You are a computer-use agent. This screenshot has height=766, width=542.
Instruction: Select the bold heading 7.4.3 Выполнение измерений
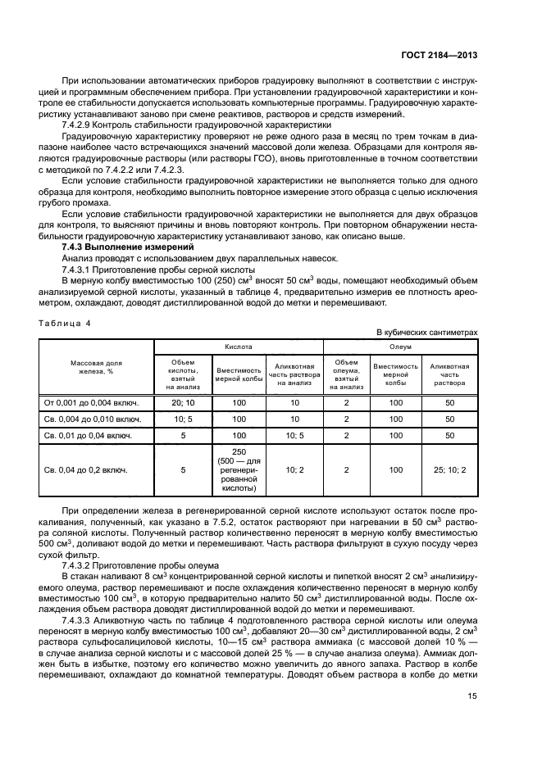click(128, 247)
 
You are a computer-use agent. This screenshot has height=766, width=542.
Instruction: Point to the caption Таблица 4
click(66, 323)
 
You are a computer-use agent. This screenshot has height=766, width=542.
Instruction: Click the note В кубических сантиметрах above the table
click(426, 332)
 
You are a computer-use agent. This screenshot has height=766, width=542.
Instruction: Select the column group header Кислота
click(239, 347)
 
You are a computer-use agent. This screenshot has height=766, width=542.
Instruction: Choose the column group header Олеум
click(400, 347)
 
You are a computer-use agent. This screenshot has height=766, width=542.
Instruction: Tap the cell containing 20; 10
click(183, 402)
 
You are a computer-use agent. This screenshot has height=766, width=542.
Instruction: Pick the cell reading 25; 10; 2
click(449, 470)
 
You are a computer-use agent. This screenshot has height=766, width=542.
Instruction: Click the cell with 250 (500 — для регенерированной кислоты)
click(239, 471)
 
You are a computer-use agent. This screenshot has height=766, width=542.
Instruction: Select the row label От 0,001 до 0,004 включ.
click(91, 402)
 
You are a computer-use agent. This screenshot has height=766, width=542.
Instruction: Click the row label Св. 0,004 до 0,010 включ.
click(92, 419)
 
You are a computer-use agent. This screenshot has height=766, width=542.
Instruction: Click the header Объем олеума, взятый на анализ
click(347, 374)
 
